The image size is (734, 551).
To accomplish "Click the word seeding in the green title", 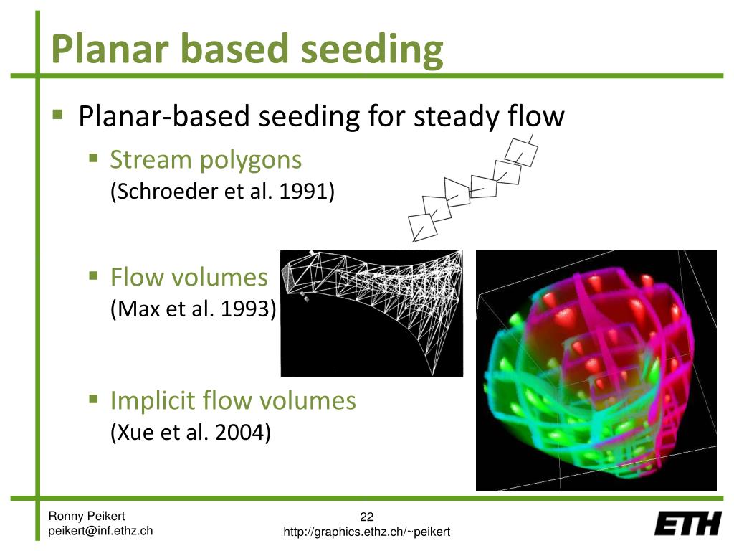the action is point(372,50).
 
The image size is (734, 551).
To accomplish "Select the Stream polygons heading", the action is point(206,159).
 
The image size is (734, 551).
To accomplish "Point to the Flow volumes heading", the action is point(189,277).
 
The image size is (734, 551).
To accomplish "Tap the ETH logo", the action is point(687,523).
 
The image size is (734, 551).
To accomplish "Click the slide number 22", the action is point(366,517).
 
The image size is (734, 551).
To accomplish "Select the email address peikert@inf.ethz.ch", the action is point(100,531).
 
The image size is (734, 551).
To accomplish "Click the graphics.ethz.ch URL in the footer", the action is point(366,532).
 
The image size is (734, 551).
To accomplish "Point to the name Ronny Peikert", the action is point(87,516).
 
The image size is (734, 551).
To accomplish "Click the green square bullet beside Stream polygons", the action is point(94,157).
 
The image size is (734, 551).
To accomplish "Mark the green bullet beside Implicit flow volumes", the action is point(94,399).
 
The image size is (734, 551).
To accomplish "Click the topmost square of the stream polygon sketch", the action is point(521,152).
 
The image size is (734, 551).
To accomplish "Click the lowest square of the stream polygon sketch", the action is point(422,227).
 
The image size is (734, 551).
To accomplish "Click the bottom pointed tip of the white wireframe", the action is point(433,375).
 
